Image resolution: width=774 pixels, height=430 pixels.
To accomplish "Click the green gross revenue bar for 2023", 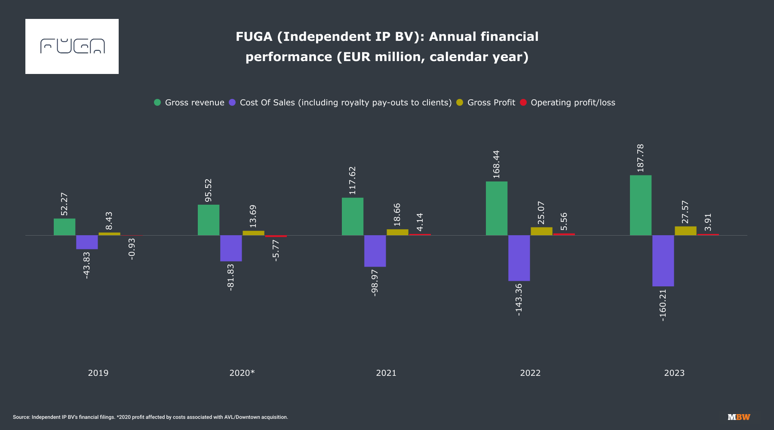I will pyautogui.click(x=641, y=205).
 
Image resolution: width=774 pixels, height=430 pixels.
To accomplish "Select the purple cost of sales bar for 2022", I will pyautogui.click(x=519, y=258).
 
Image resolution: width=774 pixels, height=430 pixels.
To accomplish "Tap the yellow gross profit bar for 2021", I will pyautogui.click(x=397, y=232).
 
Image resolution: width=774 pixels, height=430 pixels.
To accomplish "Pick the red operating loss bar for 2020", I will pyautogui.click(x=276, y=236).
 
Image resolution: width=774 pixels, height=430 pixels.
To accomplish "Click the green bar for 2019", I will pyautogui.click(x=64, y=227).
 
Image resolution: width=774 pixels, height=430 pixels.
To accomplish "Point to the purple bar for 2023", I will pyautogui.click(x=663, y=261).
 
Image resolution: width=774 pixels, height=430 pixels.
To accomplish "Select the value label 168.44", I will pyautogui.click(x=497, y=164).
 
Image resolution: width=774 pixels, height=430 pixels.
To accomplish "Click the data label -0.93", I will pyautogui.click(x=132, y=249).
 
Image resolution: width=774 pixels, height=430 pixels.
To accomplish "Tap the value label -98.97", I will pyautogui.click(x=375, y=283).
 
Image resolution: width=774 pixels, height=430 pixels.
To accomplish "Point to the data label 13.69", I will pyautogui.click(x=253, y=216).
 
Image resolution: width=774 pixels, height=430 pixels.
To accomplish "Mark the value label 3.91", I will pyautogui.click(x=708, y=222).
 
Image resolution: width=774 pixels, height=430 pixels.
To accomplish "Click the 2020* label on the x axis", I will pyautogui.click(x=242, y=373).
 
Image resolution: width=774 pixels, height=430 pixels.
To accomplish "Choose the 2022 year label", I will pyautogui.click(x=530, y=373).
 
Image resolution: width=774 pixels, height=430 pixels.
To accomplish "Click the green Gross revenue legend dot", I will pyautogui.click(x=157, y=102).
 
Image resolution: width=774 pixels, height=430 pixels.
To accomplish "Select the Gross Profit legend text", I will pyautogui.click(x=491, y=102).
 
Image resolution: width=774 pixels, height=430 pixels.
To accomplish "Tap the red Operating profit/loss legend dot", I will pyautogui.click(x=523, y=102).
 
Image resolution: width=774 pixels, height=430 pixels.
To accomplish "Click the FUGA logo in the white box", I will pyautogui.click(x=72, y=46).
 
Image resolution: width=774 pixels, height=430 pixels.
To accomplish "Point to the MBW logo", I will pyautogui.click(x=739, y=417).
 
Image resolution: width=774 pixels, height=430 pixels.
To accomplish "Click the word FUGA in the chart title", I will pyautogui.click(x=254, y=37).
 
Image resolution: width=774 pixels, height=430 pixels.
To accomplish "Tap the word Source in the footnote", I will pyautogui.click(x=21, y=417).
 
